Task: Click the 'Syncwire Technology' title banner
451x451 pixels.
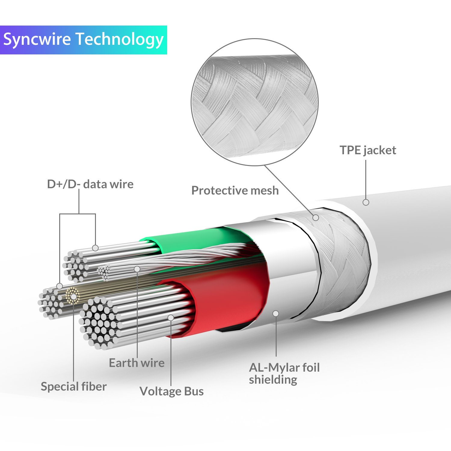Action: [83, 40]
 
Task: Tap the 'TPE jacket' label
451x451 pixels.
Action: [368, 150]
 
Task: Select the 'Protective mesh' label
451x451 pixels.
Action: [235, 191]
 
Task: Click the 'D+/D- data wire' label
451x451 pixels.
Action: [90, 184]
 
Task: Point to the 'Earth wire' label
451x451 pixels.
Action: [137, 363]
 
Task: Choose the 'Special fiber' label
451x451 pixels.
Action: [74, 386]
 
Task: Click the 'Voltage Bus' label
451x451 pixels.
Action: [171, 391]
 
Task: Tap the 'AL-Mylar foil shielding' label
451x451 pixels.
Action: [284, 373]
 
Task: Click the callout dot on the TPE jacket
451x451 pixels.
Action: [366, 202]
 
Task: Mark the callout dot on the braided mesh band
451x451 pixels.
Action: [316, 217]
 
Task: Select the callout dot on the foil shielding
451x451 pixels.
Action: [276, 314]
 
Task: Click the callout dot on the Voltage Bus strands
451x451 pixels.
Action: [171, 318]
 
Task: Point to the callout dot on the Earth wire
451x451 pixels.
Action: [137, 269]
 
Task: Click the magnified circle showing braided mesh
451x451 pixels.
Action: [254, 102]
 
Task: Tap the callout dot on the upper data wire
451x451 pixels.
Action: [95, 248]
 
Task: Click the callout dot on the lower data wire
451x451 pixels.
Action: [60, 286]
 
